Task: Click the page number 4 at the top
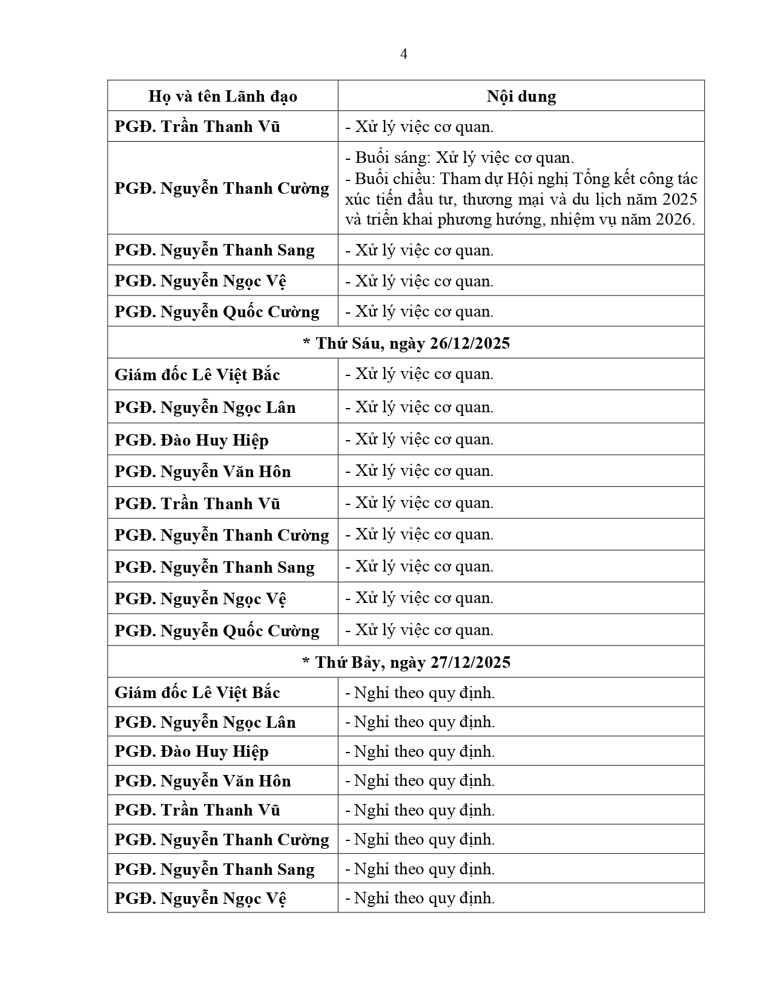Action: pos(404,54)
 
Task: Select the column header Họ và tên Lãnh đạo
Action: pos(222,96)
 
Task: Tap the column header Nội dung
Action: pos(521,96)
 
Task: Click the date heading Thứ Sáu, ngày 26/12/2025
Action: pos(406,343)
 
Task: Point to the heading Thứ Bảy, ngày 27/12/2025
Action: pos(406,662)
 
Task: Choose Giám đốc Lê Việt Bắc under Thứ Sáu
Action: pos(197,375)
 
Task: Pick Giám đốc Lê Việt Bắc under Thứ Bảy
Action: pos(197,693)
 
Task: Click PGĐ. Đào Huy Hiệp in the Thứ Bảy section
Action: pos(191,751)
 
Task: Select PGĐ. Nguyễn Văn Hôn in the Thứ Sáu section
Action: pos(202,472)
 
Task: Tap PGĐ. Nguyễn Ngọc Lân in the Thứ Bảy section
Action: pos(205,722)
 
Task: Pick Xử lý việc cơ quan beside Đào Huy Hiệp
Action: pos(419,439)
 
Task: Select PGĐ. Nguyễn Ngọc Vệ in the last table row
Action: pos(200,898)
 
